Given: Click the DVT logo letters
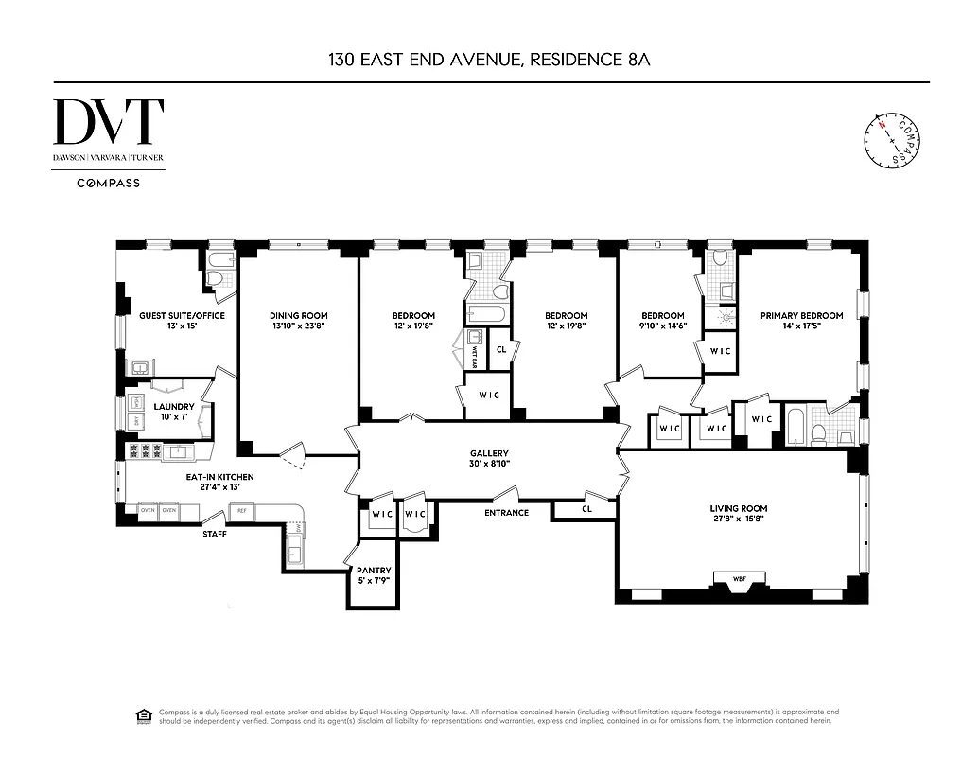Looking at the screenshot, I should click(x=108, y=122).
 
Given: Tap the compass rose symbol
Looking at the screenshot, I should click(x=891, y=141).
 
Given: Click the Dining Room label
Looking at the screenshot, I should click(x=298, y=316).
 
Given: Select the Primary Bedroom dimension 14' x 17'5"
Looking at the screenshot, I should click(x=800, y=327).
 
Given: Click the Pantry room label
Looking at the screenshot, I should click(x=374, y=571).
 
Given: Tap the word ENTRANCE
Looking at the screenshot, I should click(x=506, y=513).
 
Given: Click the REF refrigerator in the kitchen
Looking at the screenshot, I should click(x=241, y=511).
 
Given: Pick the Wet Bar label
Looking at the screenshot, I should click(x=474, y=357).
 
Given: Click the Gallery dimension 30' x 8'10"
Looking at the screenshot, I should click(x=489, y=465).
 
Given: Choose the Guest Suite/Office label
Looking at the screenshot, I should click(x=174, y=316).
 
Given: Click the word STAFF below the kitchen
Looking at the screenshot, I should click(x=214, y=534).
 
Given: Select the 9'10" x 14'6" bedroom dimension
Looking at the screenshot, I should click(x=662, y=327).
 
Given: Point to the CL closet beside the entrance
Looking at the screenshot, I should click(x=586, y=510).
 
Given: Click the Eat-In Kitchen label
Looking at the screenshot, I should click(x=219, y=477).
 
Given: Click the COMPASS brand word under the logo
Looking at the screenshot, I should click(x=108, y=183).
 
